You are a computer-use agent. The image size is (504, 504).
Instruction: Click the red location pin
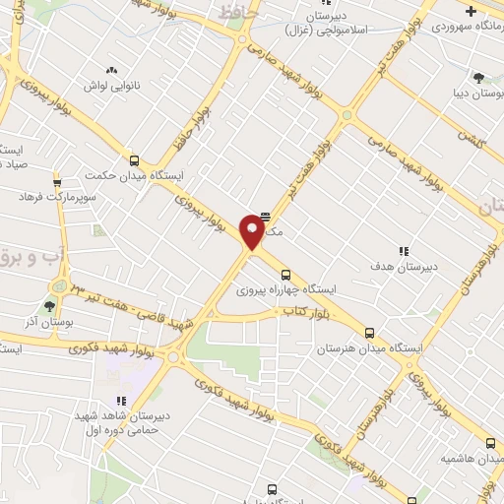[253, 233]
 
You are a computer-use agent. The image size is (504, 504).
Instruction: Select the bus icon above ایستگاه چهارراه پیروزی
[285, 275]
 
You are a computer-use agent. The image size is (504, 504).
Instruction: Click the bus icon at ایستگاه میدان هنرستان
[370, 333]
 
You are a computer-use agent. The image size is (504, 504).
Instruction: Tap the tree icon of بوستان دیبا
[478, 77]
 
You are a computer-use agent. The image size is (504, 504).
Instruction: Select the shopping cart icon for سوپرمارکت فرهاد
[57, 181]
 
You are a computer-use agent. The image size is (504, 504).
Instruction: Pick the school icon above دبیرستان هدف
[404, 251]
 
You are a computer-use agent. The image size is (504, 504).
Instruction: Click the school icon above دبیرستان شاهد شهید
[122, 401]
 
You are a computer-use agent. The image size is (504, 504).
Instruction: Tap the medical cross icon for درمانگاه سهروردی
[472, 12]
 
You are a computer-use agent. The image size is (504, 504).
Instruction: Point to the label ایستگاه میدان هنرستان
[372, 348]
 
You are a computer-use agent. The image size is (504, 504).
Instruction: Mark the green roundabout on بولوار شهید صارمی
[346, 117]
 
